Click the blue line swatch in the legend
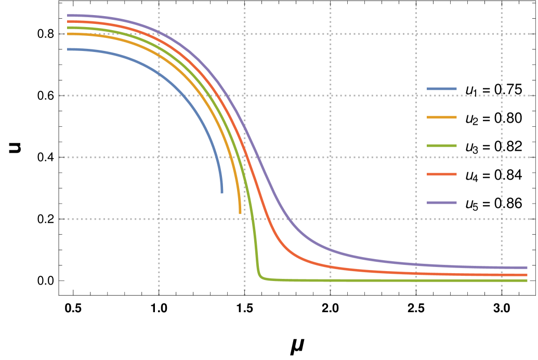442,89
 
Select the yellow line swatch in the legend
442,117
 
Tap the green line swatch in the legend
442,146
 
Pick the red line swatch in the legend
442,174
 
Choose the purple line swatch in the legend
442,203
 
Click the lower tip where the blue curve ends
222,193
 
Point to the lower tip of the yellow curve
240,213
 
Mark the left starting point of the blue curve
68,49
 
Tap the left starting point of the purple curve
68,16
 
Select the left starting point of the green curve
68,28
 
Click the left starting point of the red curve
68,22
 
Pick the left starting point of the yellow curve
68,34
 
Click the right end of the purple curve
527,268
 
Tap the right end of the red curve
527,275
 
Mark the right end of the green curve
527,281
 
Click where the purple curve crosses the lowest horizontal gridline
287,219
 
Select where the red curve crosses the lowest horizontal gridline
269,219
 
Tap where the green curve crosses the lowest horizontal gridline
254,219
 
